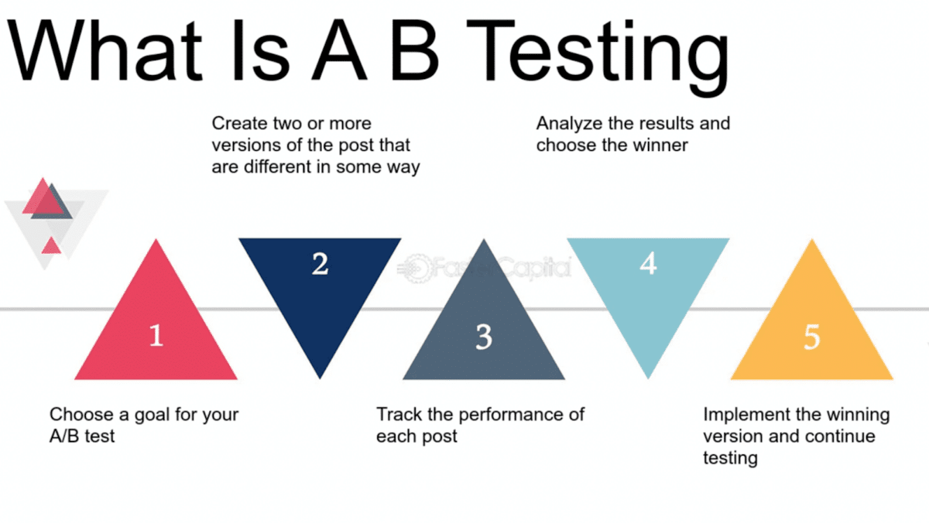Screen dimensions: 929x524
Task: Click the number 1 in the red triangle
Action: point(156,335)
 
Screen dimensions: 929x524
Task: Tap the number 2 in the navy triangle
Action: point(320,264)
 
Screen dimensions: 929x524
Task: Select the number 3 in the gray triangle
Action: point(484,337)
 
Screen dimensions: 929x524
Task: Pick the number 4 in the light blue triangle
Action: point(648,263)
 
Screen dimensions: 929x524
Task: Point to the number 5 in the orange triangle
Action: point(811,337)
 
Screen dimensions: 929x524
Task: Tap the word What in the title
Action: point(105,50)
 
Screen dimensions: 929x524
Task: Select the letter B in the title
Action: point(414,50)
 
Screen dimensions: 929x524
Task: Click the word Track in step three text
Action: point(399,415)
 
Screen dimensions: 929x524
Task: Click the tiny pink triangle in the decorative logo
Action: point(51,245)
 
